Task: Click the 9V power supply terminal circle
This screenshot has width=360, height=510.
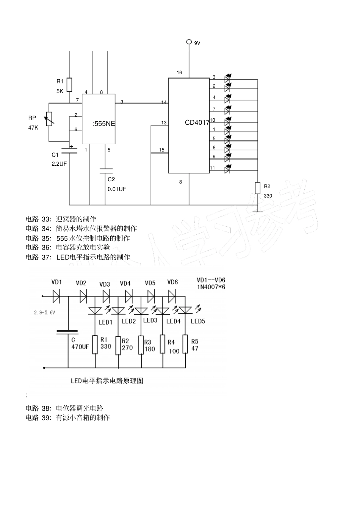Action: [x=189, y=42]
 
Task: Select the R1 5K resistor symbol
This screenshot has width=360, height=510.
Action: [x=69, y=85]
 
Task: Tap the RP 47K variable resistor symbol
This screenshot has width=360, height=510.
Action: [x=49, y=119]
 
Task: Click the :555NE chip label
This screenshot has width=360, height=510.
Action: [x=104, y=124]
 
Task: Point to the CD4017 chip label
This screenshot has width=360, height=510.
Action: [x=197, y=122]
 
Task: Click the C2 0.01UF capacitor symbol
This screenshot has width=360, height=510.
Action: [x=106, y=171]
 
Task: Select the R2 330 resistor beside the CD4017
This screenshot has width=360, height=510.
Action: [x=257, y=188]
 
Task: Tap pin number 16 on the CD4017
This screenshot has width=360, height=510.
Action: [x=179, y=72]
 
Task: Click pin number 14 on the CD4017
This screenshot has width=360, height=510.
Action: [x=164, y=102]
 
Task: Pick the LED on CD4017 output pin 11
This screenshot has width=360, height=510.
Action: [x=227, y=169]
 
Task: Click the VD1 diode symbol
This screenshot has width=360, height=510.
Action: [x=57, y=296]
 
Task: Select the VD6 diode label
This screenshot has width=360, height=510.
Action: [x=172, y=282]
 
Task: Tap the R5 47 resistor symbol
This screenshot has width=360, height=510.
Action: [x=185, y=344]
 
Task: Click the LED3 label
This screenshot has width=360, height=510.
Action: [x=150, y=320]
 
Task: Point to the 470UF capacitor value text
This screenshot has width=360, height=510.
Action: [x=80, y=347]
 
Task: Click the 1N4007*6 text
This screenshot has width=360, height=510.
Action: [x=211, y=287]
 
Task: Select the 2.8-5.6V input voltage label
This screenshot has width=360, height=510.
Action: [x=45, y=312]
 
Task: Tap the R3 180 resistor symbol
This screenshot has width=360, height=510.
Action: [x=141, y=345]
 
